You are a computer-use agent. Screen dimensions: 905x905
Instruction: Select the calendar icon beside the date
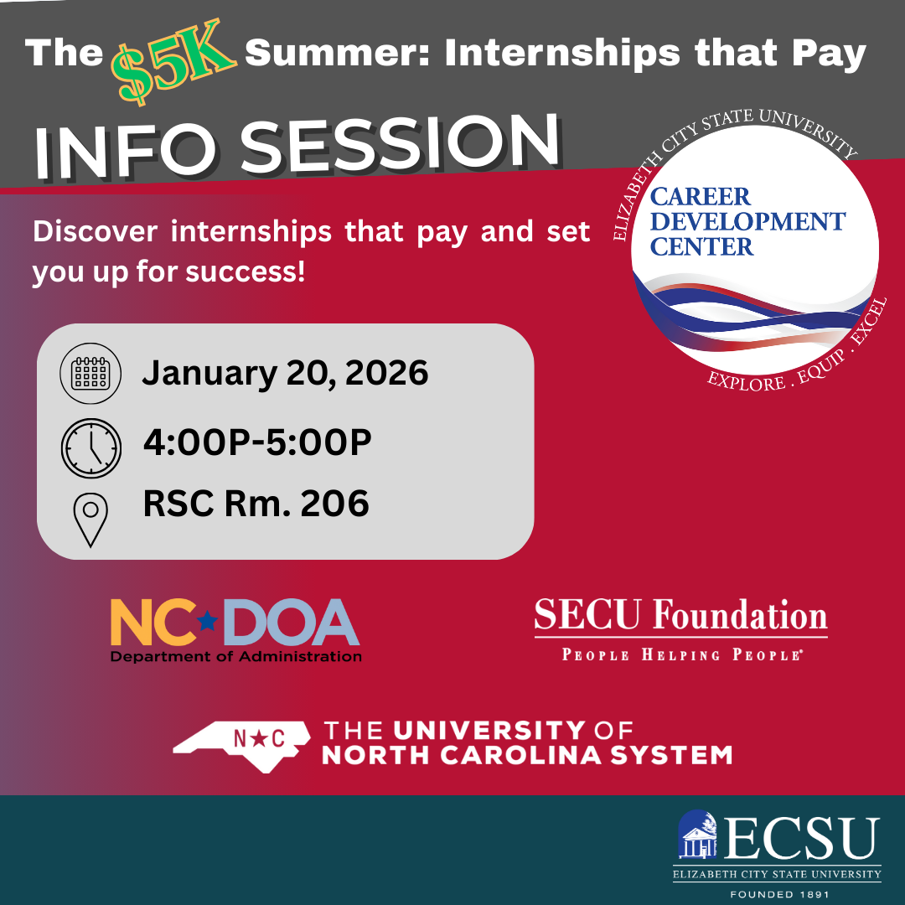tap(90, 374)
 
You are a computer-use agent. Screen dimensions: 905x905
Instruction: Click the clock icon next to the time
tap(90, 447)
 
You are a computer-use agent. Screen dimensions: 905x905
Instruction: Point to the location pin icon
tap(90, 520)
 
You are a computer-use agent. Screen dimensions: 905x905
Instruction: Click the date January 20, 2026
tap(285, 373)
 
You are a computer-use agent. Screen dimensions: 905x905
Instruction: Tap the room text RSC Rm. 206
tap(256, 504)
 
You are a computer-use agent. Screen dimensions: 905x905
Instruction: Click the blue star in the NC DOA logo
tap(206, 620)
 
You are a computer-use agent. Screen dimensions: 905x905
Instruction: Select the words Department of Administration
tap(235, 656)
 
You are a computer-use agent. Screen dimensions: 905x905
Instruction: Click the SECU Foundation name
tap(680, 616)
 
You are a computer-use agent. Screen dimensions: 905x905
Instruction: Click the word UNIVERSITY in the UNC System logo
tap(489, 729)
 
